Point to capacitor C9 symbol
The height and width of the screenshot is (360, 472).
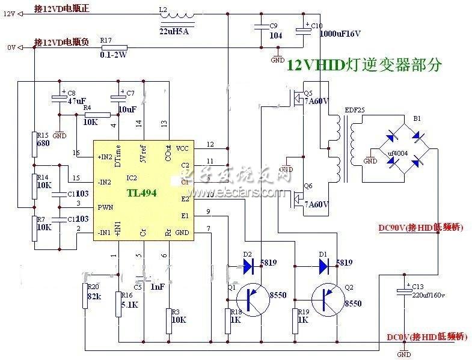click(x=260, y=26)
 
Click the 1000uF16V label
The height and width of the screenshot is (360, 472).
click(x=340, y=34)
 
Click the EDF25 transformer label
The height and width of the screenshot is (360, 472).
click(x=355, y=110)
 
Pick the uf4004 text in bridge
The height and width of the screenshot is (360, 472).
click(x=396, y=153)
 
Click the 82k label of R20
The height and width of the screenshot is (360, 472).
click(x=95, y=297)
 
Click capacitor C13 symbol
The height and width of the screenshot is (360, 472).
click(x=404, y=291)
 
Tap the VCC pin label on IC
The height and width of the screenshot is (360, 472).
click(x=181, y=147)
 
